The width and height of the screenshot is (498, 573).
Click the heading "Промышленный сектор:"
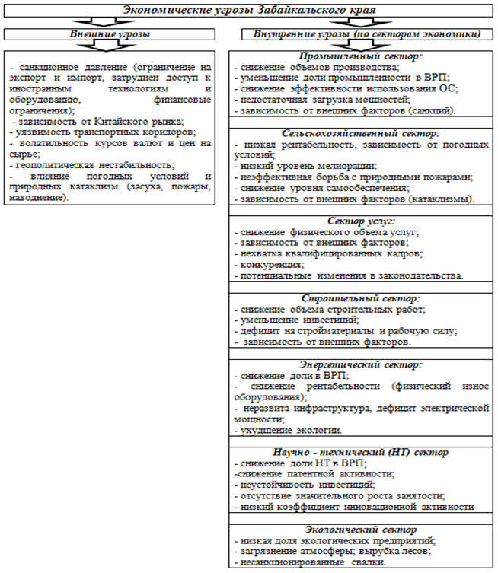pyautogui.click(x=360, y=56)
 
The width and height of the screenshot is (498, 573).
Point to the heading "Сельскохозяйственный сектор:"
pyautogui.click(x=360, y=132)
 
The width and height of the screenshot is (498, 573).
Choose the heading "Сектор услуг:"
pyautogui.click(x=360, y=221)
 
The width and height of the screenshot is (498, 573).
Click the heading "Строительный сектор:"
pyautogui.click(x=360, y=298)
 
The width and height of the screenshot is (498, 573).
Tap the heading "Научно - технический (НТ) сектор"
pyautogui.click(x=360, y=452)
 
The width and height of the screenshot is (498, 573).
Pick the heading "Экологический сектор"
pyautogui.click(x=360, y=529)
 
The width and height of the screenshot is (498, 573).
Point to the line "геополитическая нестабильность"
pyautogui.click(x=91, y=165)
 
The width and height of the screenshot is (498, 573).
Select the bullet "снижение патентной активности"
pyautogui.click(x=313, y=473)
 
